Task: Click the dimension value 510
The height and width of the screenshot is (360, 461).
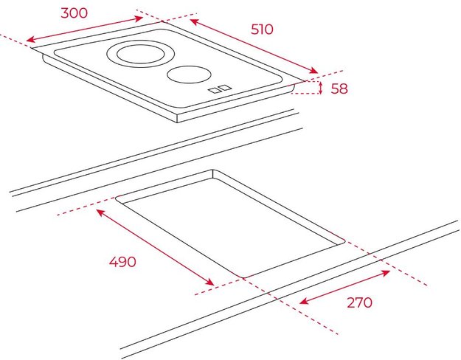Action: pyautogui.click(x=261, y=30)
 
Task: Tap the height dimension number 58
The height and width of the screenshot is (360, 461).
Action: pyautogui.click(x=339, y=89)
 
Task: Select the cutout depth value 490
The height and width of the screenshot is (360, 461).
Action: pyautogui.click(x=122, y=261)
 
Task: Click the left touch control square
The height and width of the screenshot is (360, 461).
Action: pyautogui.click(x=213, y=91)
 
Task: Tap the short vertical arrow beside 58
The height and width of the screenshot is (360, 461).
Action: pyautogui.click(x=321, y=88)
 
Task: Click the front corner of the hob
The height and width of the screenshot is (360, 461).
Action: pyautogui.click(x=177, y=120)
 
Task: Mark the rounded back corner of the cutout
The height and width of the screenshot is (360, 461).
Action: pyautogui.click(x=213, y=171)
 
